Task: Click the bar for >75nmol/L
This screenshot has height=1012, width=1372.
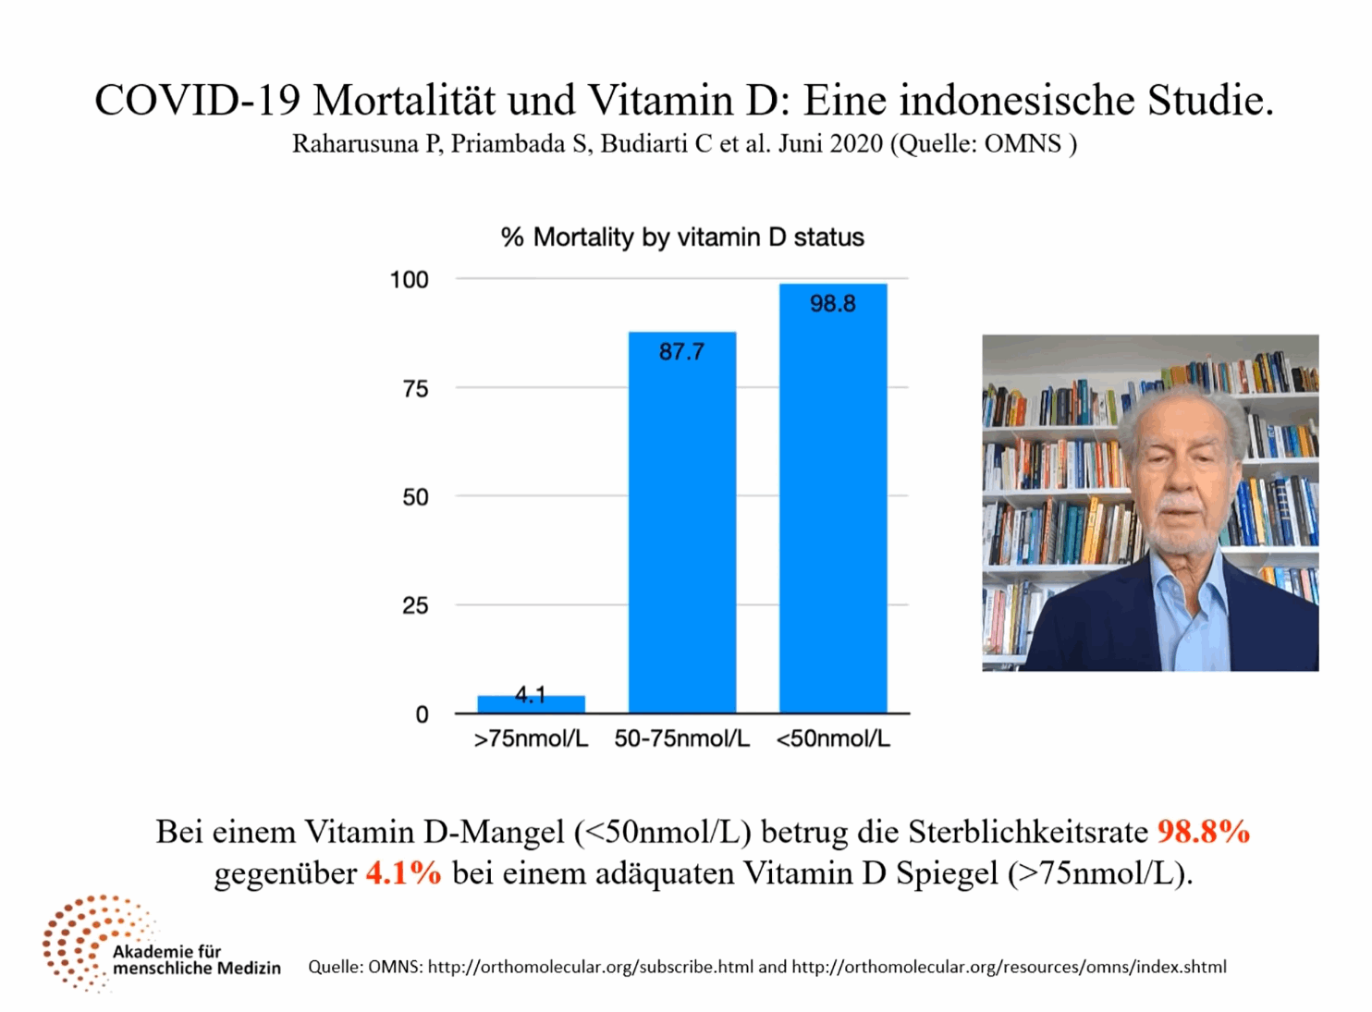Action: point(531,704)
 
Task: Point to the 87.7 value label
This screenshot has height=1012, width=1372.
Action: point(681,352)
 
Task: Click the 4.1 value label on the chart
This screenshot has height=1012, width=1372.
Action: point(531,694)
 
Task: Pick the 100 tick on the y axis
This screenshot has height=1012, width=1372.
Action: point(410,280)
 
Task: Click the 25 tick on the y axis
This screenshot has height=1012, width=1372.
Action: point(415,606)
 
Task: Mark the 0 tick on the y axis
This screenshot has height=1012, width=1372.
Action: point(422,714)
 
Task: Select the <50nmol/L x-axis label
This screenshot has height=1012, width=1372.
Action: point(832,739)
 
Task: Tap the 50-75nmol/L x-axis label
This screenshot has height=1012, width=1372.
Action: point(681,739)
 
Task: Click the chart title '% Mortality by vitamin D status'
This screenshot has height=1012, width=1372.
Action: point(682,238)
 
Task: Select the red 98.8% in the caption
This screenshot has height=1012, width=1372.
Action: point(1203,832)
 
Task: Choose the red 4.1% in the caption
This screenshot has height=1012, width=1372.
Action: point(403,873)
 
